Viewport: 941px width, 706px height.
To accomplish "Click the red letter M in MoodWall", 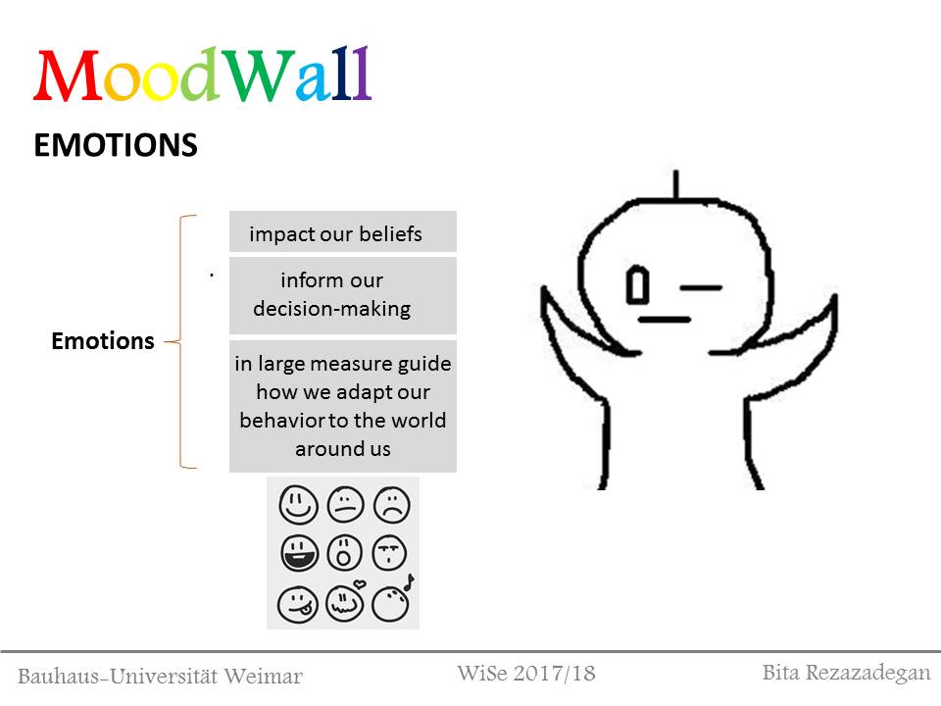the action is point(68,76).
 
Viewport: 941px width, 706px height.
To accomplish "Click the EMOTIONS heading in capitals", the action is point(116,145).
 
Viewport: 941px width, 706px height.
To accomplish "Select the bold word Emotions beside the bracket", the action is point(103,341).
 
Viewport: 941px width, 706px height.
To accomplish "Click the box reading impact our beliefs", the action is point(343,231).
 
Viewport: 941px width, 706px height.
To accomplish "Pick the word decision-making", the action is point(332,309).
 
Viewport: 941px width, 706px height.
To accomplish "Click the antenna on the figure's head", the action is point(676,184).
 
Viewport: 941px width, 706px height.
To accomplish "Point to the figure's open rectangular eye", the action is point(637,284).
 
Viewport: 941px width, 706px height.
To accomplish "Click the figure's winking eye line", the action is point(700,288).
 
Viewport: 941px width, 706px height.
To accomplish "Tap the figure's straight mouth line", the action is point(664,320).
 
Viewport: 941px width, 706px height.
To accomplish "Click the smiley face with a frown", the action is point(392,504).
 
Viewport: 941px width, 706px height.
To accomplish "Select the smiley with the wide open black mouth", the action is point(299,552).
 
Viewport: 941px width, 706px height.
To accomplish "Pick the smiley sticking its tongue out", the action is point(298,605).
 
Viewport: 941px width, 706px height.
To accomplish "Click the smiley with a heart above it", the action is point(345,601).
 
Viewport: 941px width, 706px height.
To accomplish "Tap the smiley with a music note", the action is point(391,602).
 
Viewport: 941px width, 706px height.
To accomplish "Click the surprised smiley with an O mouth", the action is point(344,552).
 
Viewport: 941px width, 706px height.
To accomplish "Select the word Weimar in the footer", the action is point(263,677).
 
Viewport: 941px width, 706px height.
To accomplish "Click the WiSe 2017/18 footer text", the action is point(526,674).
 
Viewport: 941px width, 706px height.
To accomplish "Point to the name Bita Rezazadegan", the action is point(846,674).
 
